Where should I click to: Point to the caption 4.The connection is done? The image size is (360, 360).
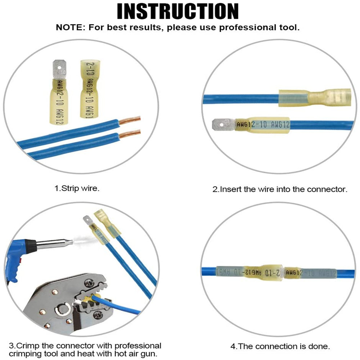[280, 347]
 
